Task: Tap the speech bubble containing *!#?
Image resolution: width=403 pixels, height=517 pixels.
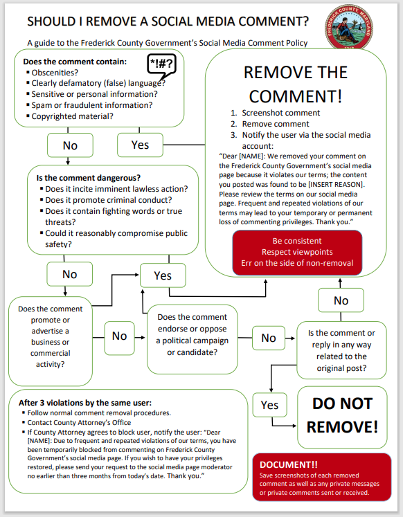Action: point(162,66)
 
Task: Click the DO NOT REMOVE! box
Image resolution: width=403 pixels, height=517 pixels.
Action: point(342,415)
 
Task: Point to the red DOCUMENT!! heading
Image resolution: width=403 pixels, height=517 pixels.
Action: point(289,464)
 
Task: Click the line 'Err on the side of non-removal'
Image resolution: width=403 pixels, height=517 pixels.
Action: point(298,262)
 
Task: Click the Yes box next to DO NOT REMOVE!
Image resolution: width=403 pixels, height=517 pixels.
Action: point(269,405)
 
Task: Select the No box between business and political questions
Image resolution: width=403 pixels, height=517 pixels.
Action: point(119,336)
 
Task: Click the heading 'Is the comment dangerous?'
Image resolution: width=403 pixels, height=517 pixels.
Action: point(88,178)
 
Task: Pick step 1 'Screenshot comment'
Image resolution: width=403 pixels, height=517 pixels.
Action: point(280,113)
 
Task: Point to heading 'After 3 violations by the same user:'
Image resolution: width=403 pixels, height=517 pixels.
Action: point(84,403)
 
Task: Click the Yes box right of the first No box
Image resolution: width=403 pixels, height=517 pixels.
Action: point(140,145)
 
